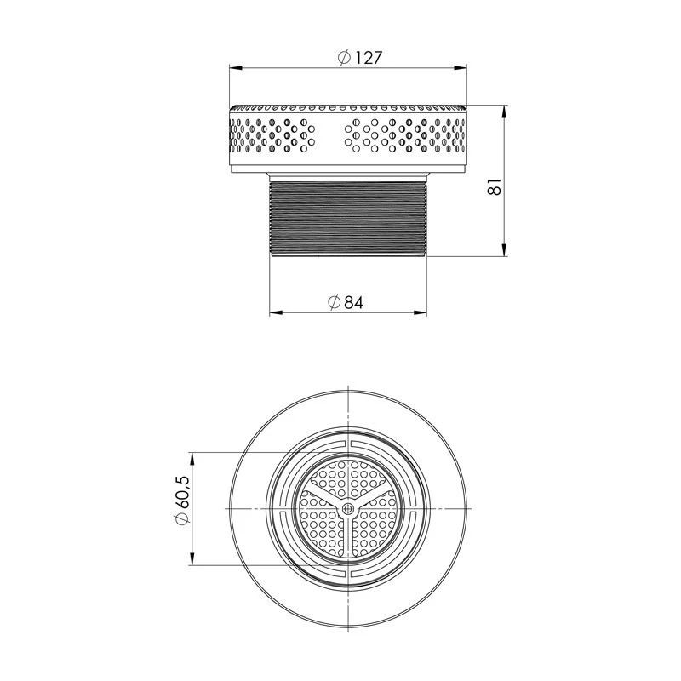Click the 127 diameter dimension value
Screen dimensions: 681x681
coord(369,58)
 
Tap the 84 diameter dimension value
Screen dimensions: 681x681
coord(353,303)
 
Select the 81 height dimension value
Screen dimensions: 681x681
coord(495,186)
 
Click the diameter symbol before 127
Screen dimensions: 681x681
coord(345,58)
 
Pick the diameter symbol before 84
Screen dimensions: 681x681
coord(334,302)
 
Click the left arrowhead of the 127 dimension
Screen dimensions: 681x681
coord(236,67)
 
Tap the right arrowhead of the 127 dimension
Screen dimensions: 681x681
coord(461,67)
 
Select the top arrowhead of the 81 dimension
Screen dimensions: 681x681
coord(504,112)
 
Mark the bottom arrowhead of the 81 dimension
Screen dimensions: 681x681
coord(504,249)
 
